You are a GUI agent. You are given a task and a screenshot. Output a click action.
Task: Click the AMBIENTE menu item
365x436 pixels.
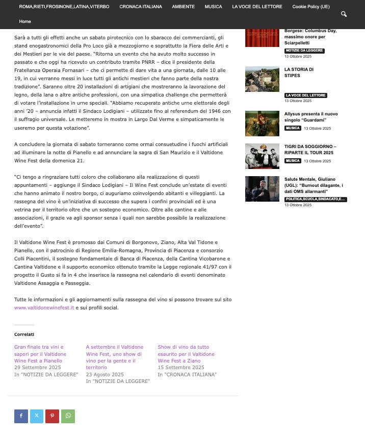tap(183, 7)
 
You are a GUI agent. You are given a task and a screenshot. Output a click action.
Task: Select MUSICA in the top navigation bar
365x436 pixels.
tap(213, 7)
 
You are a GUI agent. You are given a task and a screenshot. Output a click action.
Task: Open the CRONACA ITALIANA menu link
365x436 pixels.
tap(141, 7)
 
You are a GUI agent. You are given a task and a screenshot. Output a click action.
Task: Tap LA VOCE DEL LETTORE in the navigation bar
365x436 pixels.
tap(257, 7)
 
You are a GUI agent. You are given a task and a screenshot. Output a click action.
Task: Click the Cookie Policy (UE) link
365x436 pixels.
tap(311, 7)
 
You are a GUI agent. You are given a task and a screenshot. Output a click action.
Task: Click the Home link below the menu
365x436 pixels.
tap(25, 21)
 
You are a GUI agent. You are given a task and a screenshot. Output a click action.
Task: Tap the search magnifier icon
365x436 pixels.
tap(344, 14)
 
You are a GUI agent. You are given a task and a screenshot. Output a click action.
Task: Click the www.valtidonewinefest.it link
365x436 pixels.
tap(44, 308)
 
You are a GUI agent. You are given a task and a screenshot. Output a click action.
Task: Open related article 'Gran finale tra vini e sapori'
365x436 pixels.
tap(40, 354)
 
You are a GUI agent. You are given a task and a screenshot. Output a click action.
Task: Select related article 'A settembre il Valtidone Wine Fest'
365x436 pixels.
tap(114, 357)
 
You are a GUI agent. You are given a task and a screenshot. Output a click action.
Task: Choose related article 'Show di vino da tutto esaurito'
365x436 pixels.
tap(186, 354)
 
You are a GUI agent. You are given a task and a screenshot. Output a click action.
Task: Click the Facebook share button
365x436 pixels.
tap(21, 416)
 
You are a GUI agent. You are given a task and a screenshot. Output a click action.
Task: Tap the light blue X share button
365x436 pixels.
tap(37, 416)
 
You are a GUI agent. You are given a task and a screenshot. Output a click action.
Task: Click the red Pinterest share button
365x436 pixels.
tap(52, 416)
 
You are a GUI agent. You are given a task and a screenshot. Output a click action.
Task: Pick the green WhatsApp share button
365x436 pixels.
tap(68, 416)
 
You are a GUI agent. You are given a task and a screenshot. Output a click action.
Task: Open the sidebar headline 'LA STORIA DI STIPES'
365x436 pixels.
tap(299, 72)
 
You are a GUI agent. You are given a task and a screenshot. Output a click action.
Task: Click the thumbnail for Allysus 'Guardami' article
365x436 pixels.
tap(262, 124)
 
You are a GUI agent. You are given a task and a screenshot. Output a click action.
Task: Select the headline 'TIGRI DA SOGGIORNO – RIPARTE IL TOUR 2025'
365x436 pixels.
tap(310, 150)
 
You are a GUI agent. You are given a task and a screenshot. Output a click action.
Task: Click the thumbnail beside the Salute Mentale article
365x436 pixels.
tap(262, 189)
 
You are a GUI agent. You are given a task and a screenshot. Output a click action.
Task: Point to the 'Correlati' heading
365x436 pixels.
tap(24, 334)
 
